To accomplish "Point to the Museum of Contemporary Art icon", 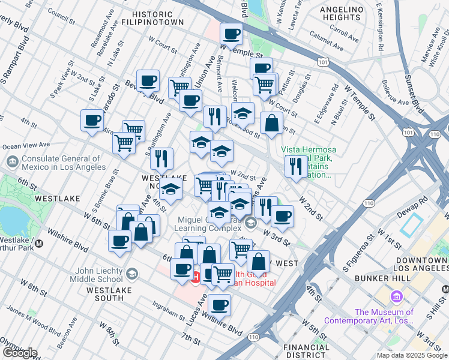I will (x=396, y=297).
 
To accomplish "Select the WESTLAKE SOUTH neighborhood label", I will (x=104, y=294).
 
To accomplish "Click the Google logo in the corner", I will (x=20, y=353).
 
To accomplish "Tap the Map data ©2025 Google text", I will (x=412, y=355).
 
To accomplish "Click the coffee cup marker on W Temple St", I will (x=231, y=34).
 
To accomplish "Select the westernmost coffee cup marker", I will (x=92, y=121).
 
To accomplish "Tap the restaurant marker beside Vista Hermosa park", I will (x=295, y=166).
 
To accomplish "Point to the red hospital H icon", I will (x=195, y=276).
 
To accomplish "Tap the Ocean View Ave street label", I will (x=26, y=145).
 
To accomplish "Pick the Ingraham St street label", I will (x=168, y=313).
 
